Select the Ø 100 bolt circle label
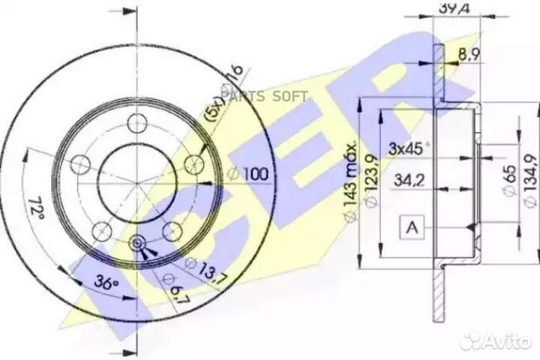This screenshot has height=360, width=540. [247, 175]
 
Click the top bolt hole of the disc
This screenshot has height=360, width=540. [137, 122]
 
